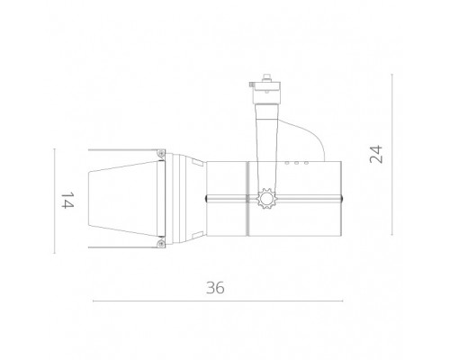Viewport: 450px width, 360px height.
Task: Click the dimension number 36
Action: (213, 289)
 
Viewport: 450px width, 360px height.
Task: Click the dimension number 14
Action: (66, 200)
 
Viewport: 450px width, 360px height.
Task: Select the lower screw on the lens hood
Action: (159, 240)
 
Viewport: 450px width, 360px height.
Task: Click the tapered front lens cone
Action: (121, 199)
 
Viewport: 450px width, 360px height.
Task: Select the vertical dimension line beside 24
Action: (392, 155)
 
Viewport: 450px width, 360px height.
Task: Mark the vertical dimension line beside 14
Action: (56, 200)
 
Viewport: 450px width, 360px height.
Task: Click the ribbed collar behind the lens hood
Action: (184, 199)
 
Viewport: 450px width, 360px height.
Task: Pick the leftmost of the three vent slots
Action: (289, 164)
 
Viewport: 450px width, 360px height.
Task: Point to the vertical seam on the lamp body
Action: (246, 199)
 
